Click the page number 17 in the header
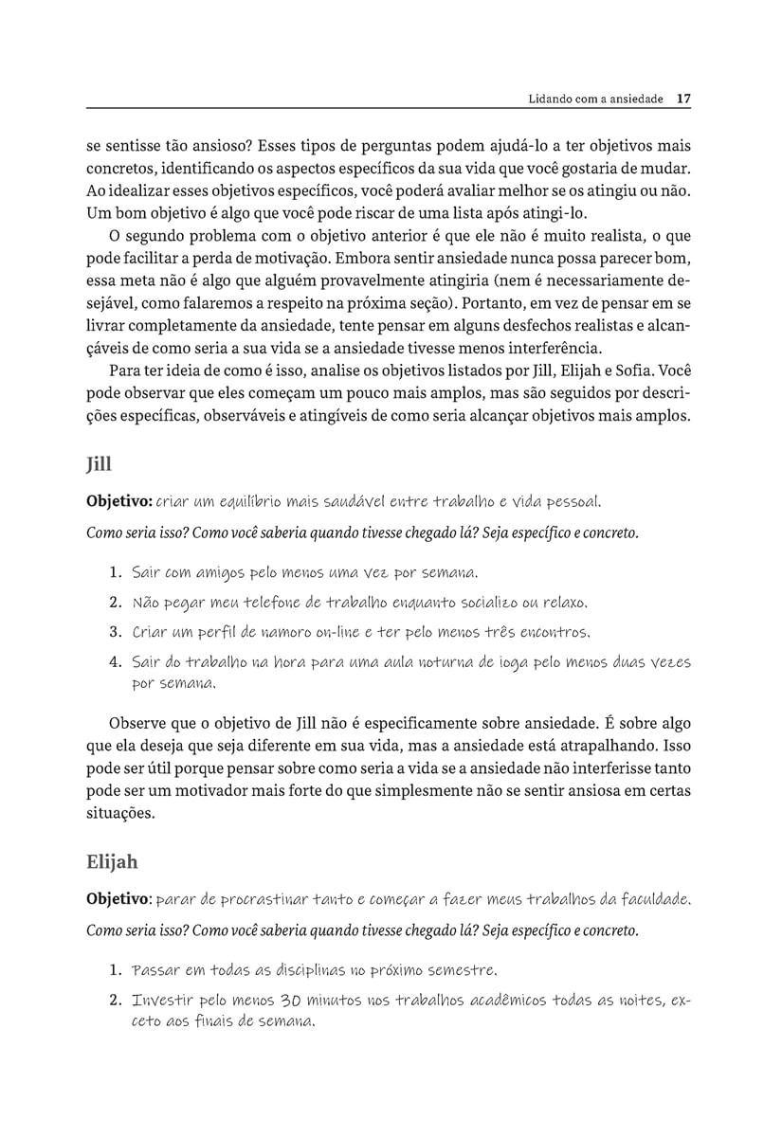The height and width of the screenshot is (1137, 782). [684, 98]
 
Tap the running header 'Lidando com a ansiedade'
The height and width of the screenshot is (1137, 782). [589, 98]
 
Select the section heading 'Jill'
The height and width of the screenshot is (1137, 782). [99, 464]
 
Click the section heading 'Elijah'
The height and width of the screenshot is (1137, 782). [112, 861]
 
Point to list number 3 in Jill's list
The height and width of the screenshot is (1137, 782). [116, 631]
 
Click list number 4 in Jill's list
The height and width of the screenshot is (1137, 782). [116, 662]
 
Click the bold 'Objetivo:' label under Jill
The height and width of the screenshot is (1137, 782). [118, 500]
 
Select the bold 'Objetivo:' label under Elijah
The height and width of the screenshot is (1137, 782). [118, 898]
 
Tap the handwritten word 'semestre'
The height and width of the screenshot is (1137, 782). [458, 970]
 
